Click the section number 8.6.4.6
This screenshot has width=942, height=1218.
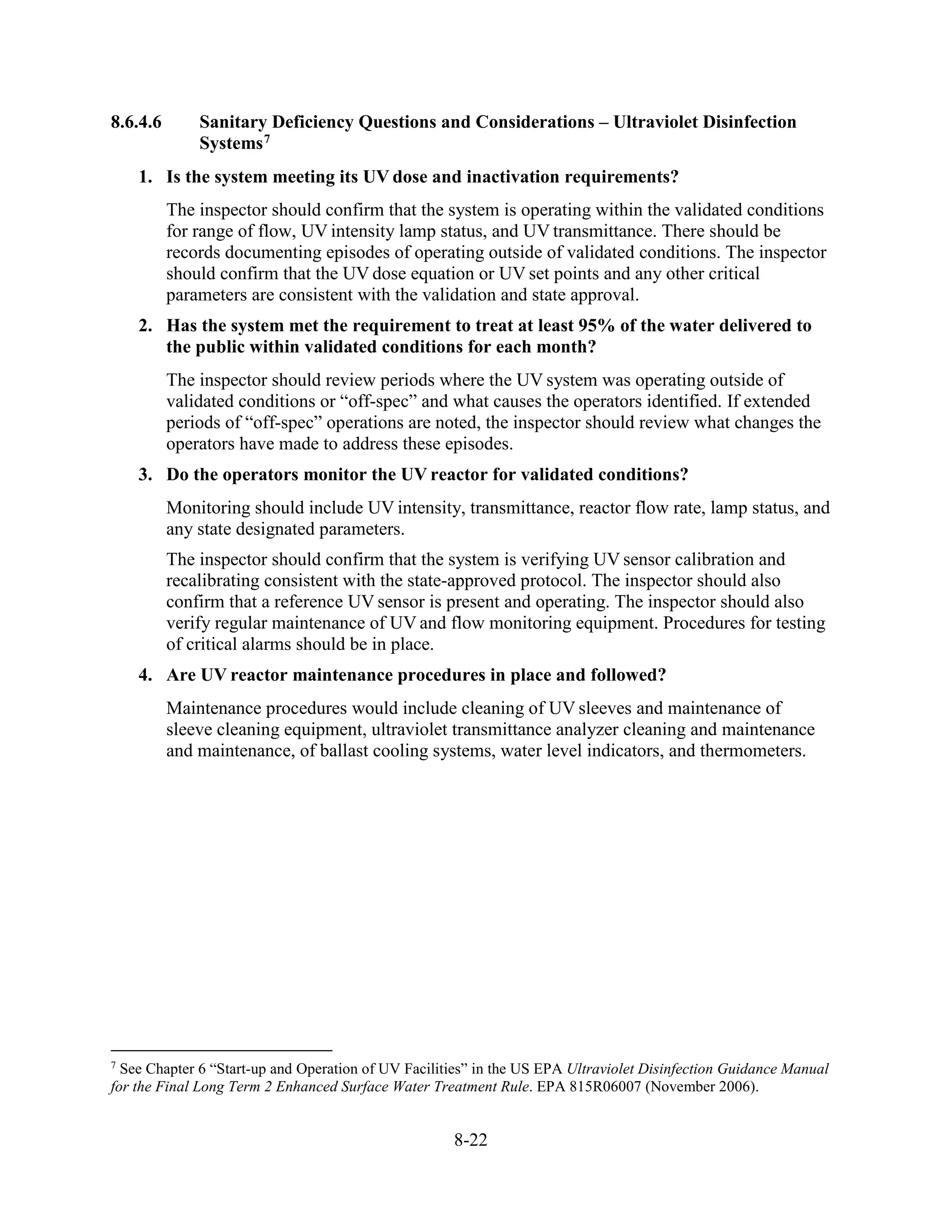136,122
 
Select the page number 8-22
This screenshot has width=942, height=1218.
471,1140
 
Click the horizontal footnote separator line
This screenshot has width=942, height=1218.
221,1051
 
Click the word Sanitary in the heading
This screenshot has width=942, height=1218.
233,122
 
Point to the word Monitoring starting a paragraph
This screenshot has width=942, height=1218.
207,508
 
